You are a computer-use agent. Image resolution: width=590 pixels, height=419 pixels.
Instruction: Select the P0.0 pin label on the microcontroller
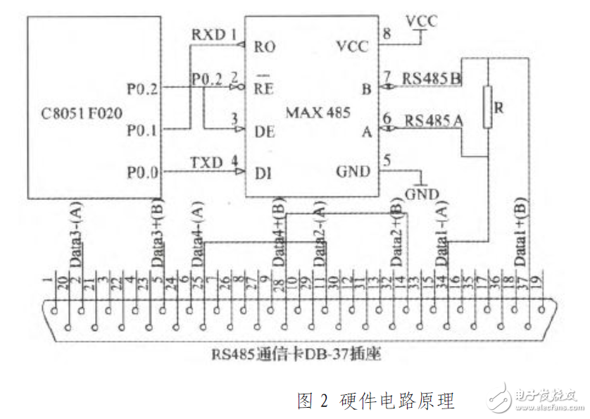pos(142,172)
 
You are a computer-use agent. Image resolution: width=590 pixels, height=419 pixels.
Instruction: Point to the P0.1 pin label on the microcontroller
pos(142,130)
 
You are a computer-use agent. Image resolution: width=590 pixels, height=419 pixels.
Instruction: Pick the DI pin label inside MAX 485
pos(263,172)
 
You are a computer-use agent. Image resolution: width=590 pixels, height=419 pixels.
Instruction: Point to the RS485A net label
pos(432,120)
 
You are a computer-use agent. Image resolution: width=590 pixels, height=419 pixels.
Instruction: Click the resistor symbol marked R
pos(487,106)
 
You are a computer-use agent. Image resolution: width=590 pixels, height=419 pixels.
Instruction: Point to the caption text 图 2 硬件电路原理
pos(376,401)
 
